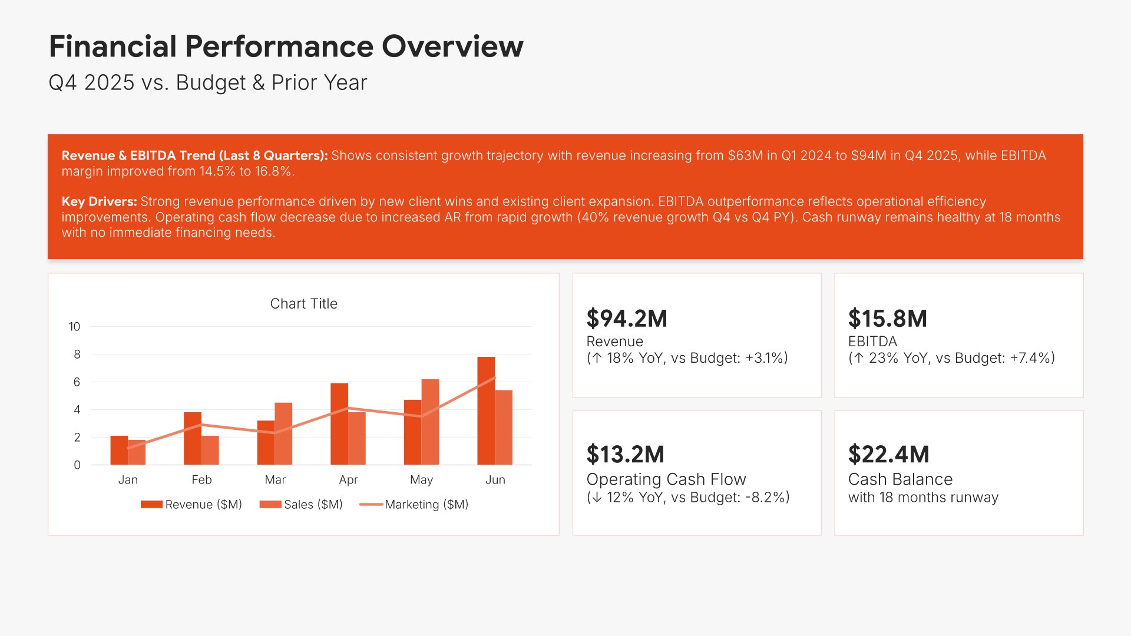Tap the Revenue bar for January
119,450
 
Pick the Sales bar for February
210,450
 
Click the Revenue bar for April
339,424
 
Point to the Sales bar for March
283,433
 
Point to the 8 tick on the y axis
77,355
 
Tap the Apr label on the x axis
348,480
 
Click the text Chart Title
303,304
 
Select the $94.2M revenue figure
627,319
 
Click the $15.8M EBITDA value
887,319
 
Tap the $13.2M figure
625,455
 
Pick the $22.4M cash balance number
888,455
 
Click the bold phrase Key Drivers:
99,201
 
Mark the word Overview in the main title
452,47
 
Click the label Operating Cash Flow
666,479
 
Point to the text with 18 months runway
923,498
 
